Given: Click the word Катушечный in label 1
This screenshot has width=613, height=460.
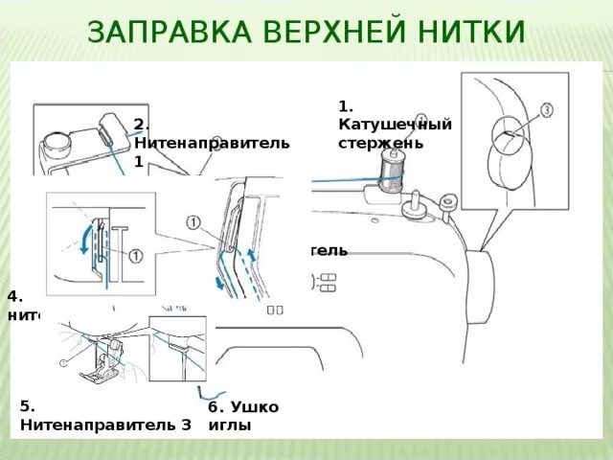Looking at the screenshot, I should [x=395, y=125].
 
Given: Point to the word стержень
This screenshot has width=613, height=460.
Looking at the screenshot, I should [x=380, y=142].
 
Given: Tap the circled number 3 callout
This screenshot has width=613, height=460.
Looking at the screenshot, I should [x=547, y=110].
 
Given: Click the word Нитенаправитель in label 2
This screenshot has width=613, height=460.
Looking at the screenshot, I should [x=212, y=143].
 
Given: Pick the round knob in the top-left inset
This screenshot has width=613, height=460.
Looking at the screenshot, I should [x=57, y=144].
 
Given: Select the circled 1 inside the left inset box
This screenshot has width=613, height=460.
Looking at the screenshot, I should [x=135, y=256].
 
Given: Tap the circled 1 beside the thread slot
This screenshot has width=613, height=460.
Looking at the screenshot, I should [x=194, y=223].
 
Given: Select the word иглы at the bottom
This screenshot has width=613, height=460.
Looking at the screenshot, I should [x=229, y=425].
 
